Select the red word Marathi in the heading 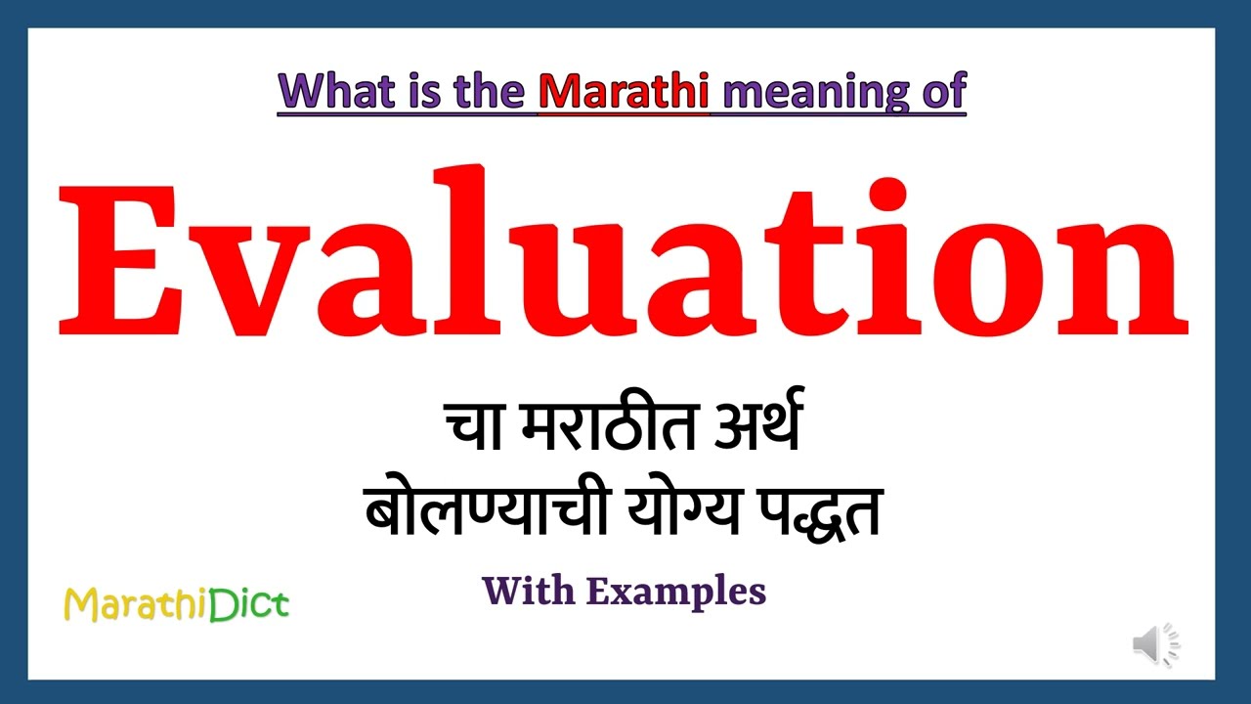tap(624, 92)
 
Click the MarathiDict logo tap(176, 604)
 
